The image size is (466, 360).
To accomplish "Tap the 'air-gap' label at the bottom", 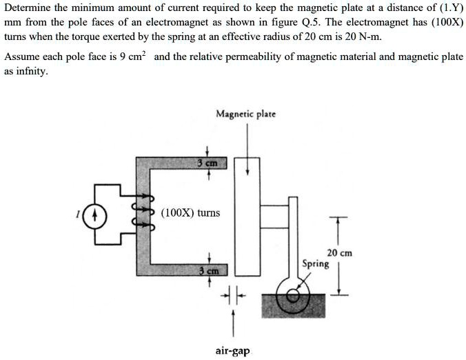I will [x=232, y=351].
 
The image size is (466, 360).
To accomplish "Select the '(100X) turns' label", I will [x=190, y=212].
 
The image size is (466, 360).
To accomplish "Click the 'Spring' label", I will [x=316, y=263].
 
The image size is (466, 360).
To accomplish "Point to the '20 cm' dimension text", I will [x=339, y=253].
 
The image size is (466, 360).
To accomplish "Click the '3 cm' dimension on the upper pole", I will [x=207, y=163].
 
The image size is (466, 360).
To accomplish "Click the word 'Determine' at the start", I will [x=28, y=8].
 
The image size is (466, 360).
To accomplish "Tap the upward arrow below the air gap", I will [x=232, y=324].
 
